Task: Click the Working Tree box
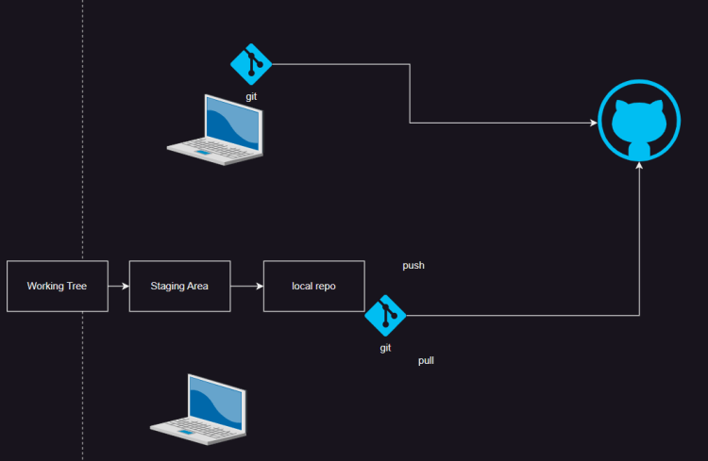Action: pos(57,286)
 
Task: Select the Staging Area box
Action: pos(179,286)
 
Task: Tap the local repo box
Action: pos(313,286)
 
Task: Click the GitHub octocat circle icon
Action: pos(639,122)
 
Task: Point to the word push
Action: pos(413,266)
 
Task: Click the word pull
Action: pos(426,360)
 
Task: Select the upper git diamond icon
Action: pos(251,64)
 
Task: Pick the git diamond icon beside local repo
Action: pos(385,316)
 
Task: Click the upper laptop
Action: pos(216,129)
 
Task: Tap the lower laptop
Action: pos(199,407)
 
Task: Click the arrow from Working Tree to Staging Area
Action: pos(118,286)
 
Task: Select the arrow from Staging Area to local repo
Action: pos(246,286)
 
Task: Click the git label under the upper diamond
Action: pos(251,96)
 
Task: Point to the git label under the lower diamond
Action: pos(385,348)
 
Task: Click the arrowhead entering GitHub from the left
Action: pos(594,123)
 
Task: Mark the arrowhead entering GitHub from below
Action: pos(640,167)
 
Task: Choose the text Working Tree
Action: pos(57,286)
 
